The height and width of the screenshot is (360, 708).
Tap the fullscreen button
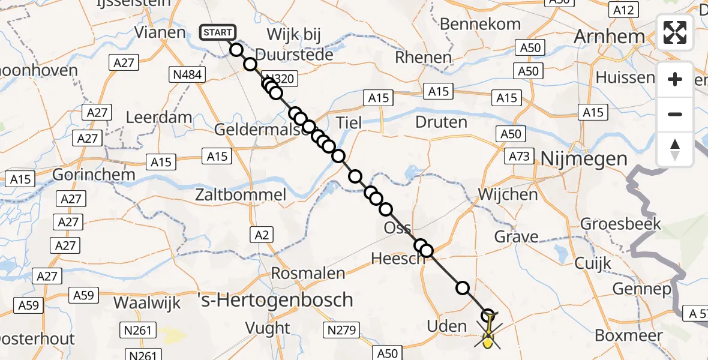(x=675, y=32)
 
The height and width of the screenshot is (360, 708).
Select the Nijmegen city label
(x=584, y=159)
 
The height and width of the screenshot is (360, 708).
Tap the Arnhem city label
(x=609, y=37)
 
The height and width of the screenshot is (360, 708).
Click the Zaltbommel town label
(x=240, y=194)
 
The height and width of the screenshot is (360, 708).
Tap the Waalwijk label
(x=147, y=303)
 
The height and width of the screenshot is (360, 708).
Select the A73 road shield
(x=520, y=156)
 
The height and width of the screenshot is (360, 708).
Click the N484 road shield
(x=188, y=74)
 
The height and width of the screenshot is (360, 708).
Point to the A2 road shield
(x=262, y=235)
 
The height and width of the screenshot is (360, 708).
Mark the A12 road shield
(x=622, y=10)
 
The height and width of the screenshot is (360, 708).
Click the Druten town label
(x=441, y=122)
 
